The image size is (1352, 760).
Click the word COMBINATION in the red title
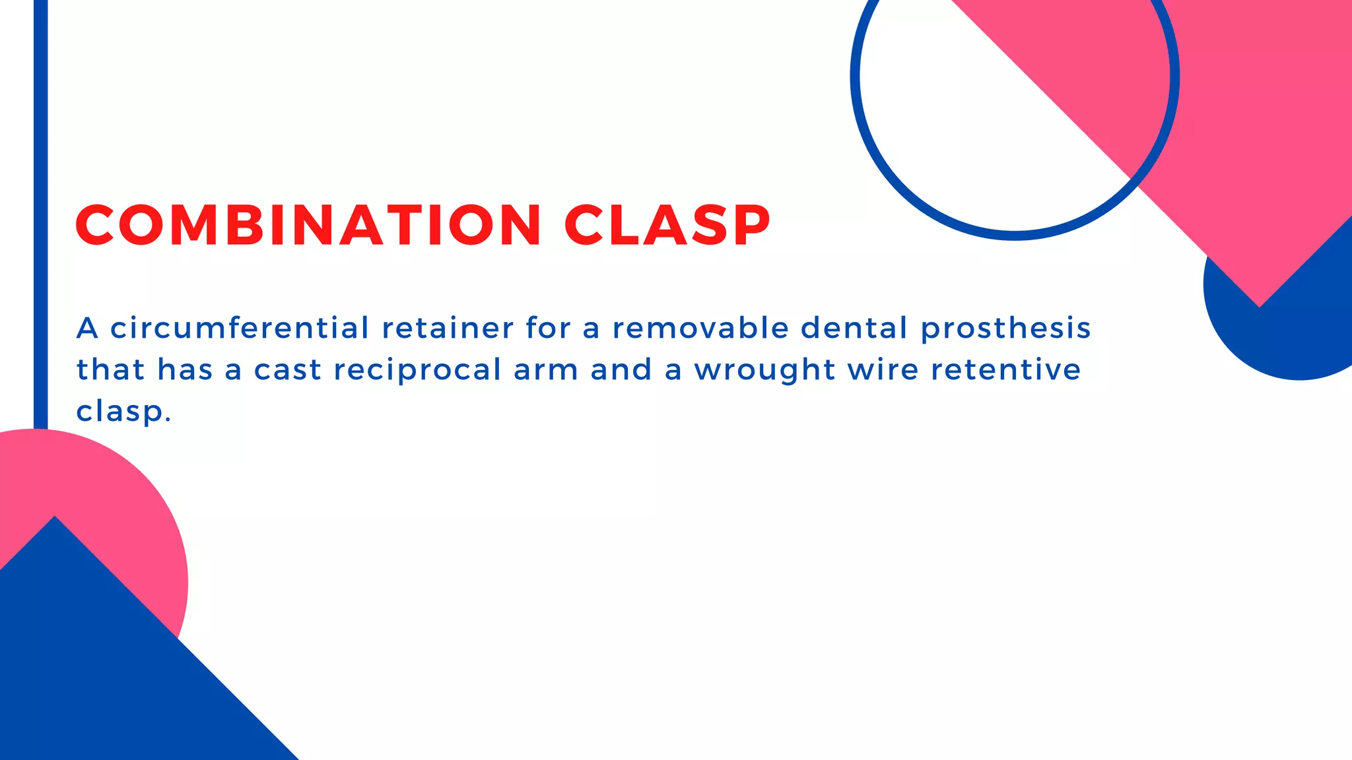pos(308,225)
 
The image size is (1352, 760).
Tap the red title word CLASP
pos(667,225)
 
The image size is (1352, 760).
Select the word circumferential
pos(239,328)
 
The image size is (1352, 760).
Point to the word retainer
pos(448,328)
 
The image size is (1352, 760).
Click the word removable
pos(700,328)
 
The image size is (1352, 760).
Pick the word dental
pos(854,328)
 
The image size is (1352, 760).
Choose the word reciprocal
pos(417,370)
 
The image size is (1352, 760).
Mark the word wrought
pos(764,370)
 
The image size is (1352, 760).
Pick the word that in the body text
pos(110,369)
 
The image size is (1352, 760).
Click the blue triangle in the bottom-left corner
pos(99,680)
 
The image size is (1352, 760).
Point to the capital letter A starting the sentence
pos(87,328)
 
